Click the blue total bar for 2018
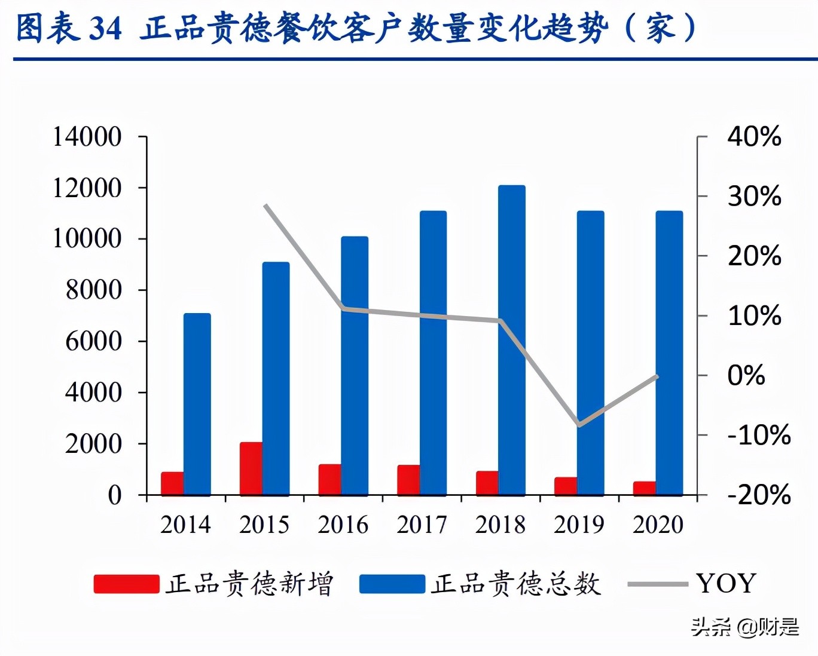pos(512,341)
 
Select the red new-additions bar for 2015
pos(251,469)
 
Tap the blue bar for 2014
pos(197,404)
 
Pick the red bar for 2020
pos(645,488)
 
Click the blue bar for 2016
pos(355,366)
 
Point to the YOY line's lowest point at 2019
pos(579,425)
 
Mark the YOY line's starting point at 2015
pos(265,206)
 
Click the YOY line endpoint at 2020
pos(657,376)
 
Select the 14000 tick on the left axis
pos(87,137)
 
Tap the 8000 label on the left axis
pos(93,290)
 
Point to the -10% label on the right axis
pos(759,435)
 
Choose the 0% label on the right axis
pos(746,375)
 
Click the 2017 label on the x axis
pos(422,525)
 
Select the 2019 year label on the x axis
pos(579,525)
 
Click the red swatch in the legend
pos(126,584)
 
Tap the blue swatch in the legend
pos(392,584)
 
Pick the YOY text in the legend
pos(726,583)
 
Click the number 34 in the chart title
pos(105,28)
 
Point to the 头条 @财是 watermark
pos(745,627)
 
